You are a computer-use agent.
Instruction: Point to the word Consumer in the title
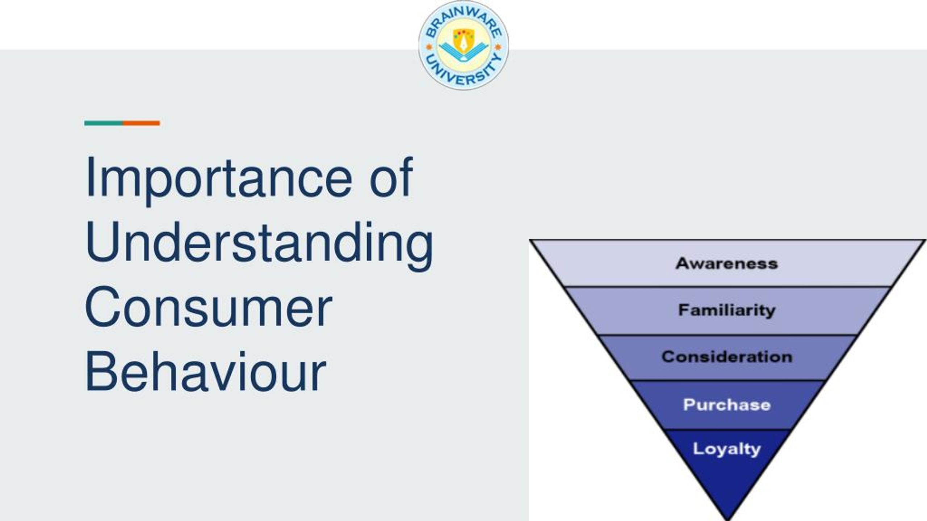point(209,306)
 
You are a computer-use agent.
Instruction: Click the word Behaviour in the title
point(206,371)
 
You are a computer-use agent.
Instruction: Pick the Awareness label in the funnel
point(727,263)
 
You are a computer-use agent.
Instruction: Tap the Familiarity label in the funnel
point(727,310)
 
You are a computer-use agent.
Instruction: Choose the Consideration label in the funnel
point(727,357)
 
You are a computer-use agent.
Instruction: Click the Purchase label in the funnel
point(727,405)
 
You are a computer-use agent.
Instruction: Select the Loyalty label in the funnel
point(727,449)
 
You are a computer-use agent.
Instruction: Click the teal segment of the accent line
point(104,123)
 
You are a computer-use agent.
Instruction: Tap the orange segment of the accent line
point(141,123)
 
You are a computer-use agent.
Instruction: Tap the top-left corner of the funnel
point(530,240)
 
